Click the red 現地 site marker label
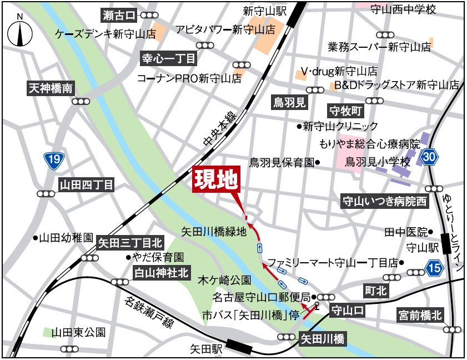(x=216, y=180)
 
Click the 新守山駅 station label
(x=264, y=11)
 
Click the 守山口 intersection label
(x=348, y=310)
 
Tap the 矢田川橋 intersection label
(x=323, y=337)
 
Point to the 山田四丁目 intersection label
(x=87, y=185)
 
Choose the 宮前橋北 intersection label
(x=420, y=316)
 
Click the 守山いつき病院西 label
(x=385, y=201)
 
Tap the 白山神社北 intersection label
(x=162, y=272)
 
